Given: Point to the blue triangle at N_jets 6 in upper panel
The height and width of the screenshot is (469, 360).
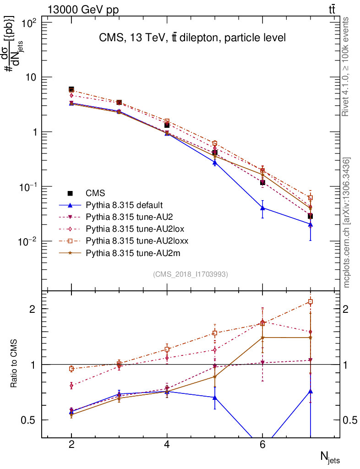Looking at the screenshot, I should [262, 208].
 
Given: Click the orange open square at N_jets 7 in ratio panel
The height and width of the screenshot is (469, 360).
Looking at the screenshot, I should [311, 301].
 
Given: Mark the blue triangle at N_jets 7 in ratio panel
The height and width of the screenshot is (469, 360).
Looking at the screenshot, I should [311, 391].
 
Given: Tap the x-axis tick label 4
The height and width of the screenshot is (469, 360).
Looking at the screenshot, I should [167, 445].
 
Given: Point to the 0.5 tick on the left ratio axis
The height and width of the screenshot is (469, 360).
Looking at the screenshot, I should [31, 420].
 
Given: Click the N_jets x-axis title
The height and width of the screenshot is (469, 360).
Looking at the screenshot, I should [329, 457].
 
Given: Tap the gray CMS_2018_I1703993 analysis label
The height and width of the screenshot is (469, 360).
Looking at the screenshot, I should [191, 274].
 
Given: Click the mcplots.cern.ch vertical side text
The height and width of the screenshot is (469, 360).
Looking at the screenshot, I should [347, 223].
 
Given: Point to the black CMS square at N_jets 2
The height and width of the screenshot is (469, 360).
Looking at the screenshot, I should [71, 89].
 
